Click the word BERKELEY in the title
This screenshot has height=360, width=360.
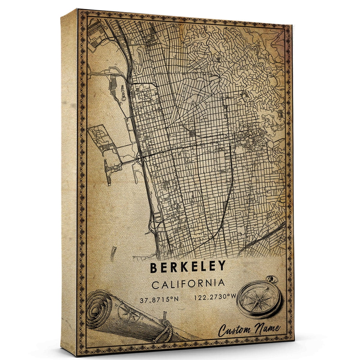coord(188,267)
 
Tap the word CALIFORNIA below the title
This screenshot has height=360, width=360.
coord(188,283)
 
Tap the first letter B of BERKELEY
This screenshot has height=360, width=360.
coord(154,267)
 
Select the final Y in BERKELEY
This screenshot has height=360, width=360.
coord(221,266)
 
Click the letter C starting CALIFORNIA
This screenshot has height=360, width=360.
coord(155,284)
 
